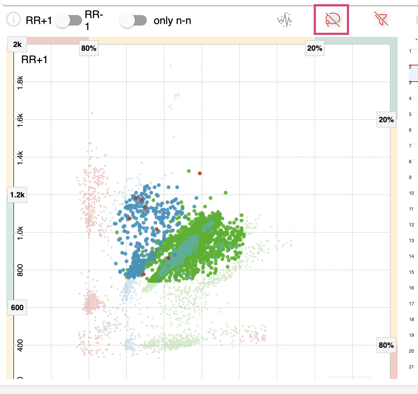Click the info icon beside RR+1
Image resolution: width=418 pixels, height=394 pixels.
(14, 20)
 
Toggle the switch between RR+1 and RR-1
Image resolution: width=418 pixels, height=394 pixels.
(69, 20)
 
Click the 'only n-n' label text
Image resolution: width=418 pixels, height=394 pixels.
(172, 20)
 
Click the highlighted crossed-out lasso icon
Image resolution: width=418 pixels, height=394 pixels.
(331, 20)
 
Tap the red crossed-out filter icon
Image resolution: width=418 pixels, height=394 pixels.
(381, 19)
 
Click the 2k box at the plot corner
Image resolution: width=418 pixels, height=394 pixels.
(17, 45)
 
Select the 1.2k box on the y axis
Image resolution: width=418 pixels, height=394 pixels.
(17, 195)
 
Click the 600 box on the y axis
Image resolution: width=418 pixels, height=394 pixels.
(17, 308)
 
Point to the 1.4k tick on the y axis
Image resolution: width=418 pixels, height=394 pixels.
(20, 158)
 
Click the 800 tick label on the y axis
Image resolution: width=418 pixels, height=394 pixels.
(20, 270)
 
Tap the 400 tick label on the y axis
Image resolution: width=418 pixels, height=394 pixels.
(20, 345)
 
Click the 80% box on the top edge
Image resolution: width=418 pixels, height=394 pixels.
(88, 48)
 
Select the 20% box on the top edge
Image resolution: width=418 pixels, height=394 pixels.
(314, 48)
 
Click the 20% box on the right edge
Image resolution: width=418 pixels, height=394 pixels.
(386, 120)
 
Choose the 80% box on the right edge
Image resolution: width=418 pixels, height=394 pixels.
(386, 345)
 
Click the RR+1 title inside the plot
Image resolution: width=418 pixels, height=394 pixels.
(34, 59)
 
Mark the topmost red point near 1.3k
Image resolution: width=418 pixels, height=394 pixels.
(200, 173)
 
